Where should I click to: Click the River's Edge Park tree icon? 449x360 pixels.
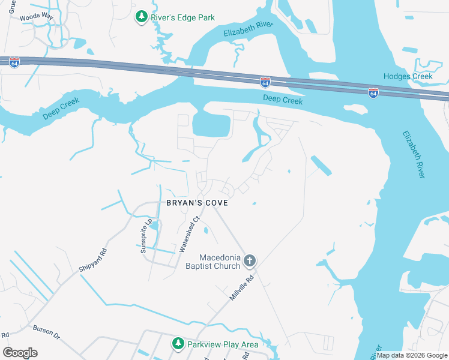point(142,17)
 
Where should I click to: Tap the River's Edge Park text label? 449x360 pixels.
point(182,18)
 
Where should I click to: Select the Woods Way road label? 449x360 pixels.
point(37,17)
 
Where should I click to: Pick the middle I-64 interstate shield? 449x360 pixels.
point(265,82)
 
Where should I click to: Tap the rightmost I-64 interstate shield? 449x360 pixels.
point(373,92)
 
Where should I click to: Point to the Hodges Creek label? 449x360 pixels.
point(408,76)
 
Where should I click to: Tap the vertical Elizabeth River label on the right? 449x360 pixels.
point(414,154)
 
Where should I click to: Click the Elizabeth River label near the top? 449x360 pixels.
point(248,29)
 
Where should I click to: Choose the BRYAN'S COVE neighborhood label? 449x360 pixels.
point(197,203)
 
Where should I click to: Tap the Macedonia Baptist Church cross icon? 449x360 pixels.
point(250,261)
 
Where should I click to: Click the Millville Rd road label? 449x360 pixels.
point(243,288)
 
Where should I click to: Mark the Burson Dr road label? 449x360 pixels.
point(47,333)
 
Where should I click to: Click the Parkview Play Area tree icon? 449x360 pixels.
point(178,344)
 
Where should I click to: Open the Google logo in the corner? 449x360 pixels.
point(20,353)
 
